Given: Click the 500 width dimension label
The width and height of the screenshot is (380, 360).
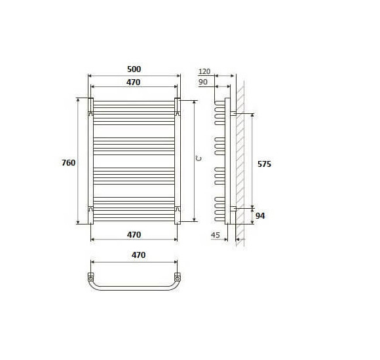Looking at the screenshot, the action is pyautogui.click(x=134, y=69).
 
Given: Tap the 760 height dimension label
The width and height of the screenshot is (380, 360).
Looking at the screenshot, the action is pyautogui.click(x=69, y=163).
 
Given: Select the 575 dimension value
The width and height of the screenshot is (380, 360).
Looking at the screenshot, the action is pyautogui.click(x=264, y=164).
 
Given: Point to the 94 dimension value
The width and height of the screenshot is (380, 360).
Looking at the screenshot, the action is pyautogui.click(x=260, y=216).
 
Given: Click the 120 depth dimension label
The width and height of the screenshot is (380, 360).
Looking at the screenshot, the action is pyautogui.click(x=204, y=71).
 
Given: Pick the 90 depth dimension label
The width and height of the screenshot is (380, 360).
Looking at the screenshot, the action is pyautogui.click(x=203, y=82).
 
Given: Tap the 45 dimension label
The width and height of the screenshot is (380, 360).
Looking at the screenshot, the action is pyautogui.click(x=215, y=235).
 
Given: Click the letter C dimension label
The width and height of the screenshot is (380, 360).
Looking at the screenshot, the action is pyautogui.click(x=199, y=158).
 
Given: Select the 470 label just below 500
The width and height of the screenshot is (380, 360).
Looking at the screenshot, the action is pyautogui.click(x=133, y=82).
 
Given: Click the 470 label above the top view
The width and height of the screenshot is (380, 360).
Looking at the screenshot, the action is pyautogui.click(x=139, y=255).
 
